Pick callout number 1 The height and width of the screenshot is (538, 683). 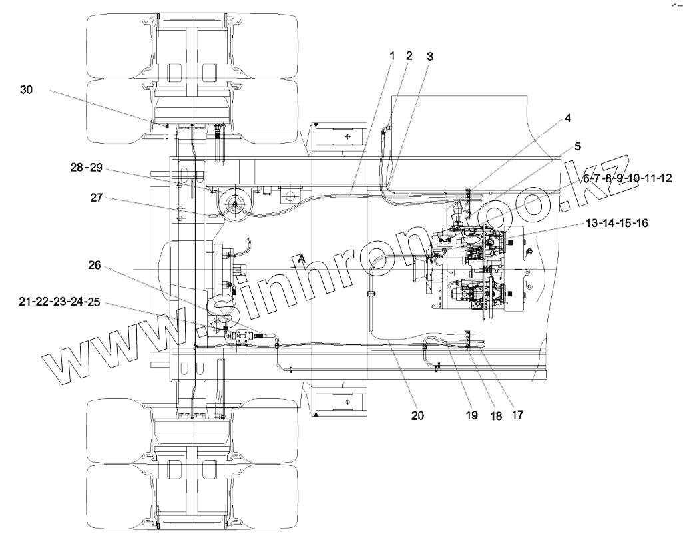coord(393,56)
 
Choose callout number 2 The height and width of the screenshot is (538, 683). coord(409,56)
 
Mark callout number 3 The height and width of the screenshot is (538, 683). coord(429,57)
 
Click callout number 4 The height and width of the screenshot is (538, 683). coord(568,119)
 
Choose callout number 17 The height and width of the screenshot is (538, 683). coord(517,413)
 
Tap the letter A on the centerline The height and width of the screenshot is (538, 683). coord(302,258)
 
